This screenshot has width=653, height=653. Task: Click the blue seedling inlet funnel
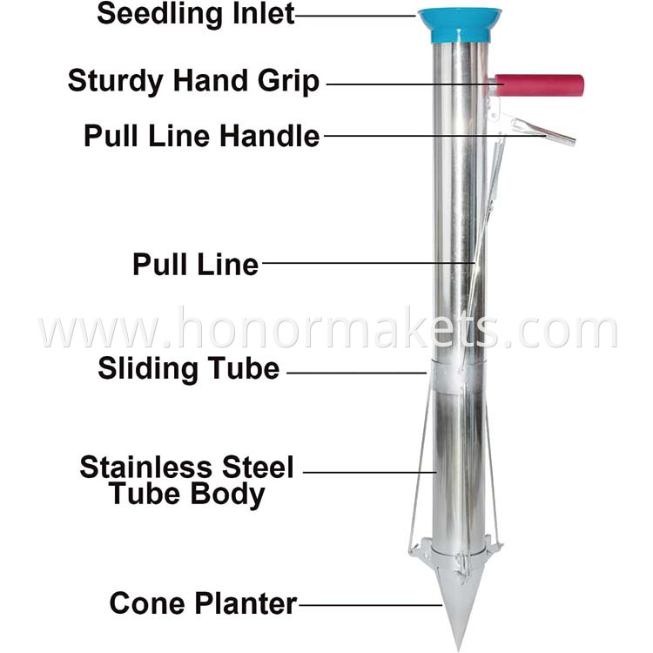460,24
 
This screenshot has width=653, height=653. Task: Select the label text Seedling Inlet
196,15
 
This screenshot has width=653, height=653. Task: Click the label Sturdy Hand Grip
194,83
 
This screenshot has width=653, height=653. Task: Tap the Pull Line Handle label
202,136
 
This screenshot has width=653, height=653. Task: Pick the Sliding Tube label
189,369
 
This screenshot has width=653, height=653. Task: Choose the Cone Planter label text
203,603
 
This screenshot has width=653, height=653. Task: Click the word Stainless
143,468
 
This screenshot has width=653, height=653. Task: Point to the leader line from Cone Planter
370,604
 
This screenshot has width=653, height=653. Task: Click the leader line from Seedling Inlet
357,15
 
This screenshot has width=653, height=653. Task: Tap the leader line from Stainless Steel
369,472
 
